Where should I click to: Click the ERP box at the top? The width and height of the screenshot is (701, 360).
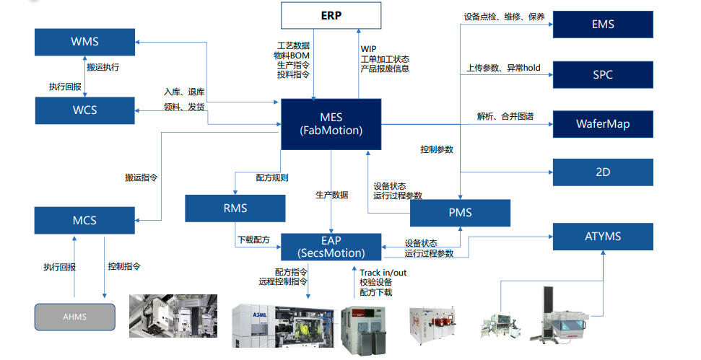[331, 16]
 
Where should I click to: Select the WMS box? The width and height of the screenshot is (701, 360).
[85, 42]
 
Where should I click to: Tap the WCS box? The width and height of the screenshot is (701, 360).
[85, 110]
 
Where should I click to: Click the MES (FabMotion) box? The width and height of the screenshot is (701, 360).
[331, 124]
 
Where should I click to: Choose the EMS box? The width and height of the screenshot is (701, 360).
[603, 25]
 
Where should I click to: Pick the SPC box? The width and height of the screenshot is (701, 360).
[603, 74]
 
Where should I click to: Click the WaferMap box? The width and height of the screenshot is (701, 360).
[603, 123]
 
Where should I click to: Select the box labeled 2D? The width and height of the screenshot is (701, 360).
[603, 172]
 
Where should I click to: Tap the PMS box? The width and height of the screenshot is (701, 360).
[460, 213]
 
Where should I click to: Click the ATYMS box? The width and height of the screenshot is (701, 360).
[603, 237]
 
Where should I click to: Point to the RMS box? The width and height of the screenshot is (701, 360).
[235, 208]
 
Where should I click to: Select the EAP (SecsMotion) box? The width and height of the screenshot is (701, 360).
[331, 247]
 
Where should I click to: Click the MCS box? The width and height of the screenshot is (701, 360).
[84, 220]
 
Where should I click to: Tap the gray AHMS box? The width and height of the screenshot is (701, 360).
[74, 317]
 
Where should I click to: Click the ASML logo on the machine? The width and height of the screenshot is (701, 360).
[260, 315]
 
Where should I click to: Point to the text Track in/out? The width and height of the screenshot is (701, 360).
[383, 273]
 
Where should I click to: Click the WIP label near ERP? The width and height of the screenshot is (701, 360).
[368, 48]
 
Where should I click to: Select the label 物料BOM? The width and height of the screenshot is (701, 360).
[292, 56]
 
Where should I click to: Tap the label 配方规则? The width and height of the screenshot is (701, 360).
[272, 177]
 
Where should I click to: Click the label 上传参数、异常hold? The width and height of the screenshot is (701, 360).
[503, 68]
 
